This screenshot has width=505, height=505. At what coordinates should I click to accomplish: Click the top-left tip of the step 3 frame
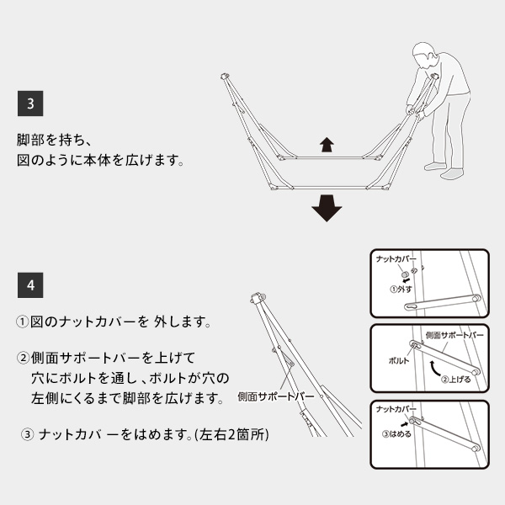225,77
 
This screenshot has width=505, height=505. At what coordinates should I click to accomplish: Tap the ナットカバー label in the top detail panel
397,261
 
